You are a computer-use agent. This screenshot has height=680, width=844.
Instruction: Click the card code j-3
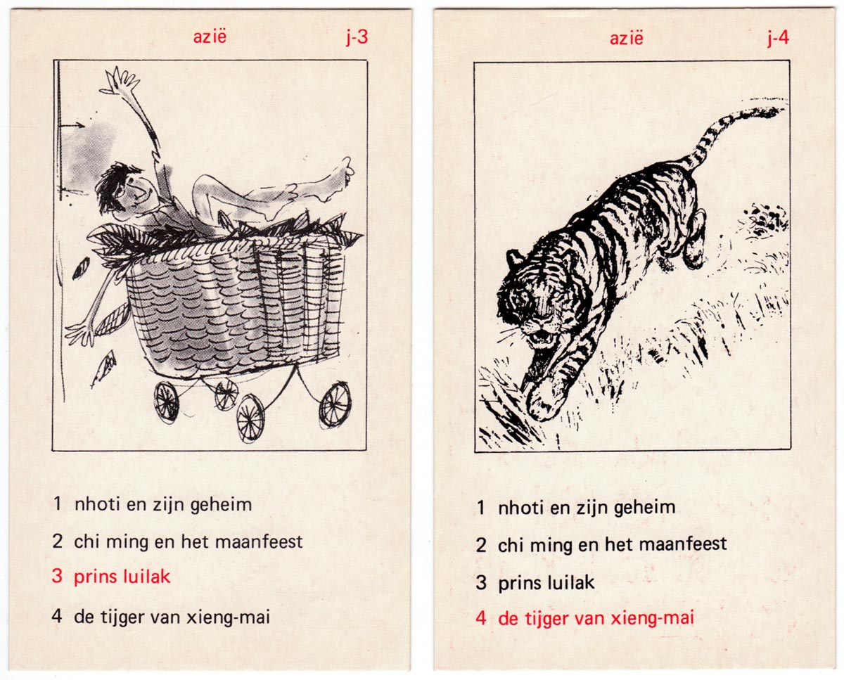pyautogui.click(x=357, y=38)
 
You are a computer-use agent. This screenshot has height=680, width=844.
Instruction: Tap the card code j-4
pyautogui.click(x=778, y=39)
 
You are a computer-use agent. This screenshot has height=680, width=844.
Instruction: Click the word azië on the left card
pyautogui.click(x=210, y=37)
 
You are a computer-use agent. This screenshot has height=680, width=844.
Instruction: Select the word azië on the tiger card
pyautogui.click(x=627, y=38)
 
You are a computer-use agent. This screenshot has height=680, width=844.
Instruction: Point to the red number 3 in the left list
pyautogui.click(x=57, y=576)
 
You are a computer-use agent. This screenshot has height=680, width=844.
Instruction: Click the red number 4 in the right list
pyautogui.click(x=481, y=617)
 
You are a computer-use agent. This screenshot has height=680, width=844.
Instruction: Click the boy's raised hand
pyautogui.click(x=120, y=82)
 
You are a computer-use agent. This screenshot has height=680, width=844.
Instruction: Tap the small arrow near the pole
pyautogui.click(x=72, y=125)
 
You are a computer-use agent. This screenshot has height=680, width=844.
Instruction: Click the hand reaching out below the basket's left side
pyautogui.click(x=79, y=333)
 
